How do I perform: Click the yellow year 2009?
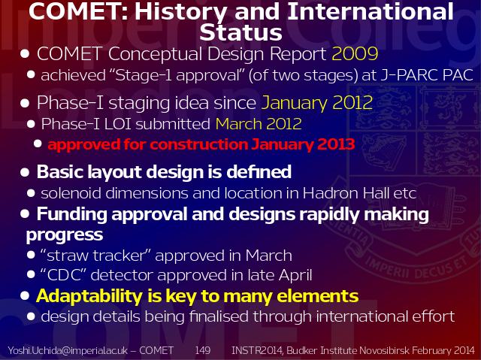tap(355, 54)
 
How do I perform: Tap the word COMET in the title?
tap(78, 11)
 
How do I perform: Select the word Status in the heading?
tap(240, 32)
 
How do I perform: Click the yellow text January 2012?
tap(317, 103)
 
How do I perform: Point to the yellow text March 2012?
tap(259, 124)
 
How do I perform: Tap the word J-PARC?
tap(409, 75)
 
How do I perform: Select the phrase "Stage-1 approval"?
tap(177, 76)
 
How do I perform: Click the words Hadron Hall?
tap(346, 193)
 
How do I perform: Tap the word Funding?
tap(72, 214)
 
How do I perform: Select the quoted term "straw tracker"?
tap(95, 256)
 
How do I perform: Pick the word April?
tap(295, 276)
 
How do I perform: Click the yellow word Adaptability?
tap(89, 296)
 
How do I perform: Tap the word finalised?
tap(219, 316)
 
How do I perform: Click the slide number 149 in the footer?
tap(203, 350)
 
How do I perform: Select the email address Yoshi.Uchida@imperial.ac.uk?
tap(68, 350)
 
